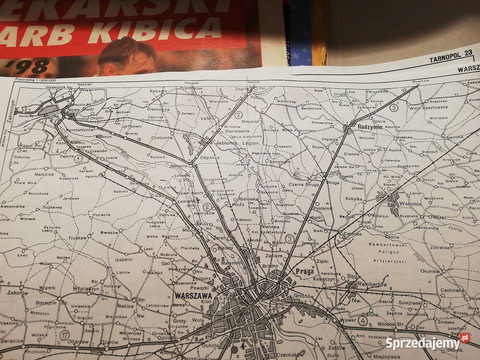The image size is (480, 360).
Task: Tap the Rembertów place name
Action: tap(373, 284)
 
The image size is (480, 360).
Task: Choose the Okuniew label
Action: tap(430, 271)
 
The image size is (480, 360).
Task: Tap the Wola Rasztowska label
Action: tap(428, 106)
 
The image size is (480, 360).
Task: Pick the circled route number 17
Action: tap(63, 334)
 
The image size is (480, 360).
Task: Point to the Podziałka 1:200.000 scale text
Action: tap(35, 80)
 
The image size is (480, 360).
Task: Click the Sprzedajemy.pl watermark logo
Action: tap(427, 342)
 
